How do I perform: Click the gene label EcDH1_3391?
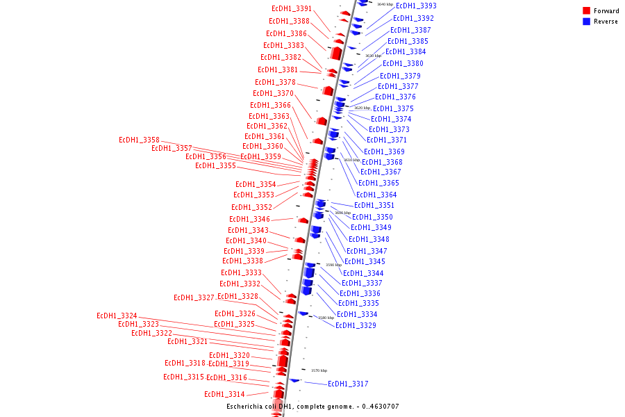pos(291,8)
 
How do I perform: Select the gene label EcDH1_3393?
pos(416,6)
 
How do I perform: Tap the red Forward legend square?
pos(586,11)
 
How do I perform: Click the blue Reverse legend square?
pos(586,22)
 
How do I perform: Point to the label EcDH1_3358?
pos(139,140)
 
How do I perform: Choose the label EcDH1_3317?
pos(348,384)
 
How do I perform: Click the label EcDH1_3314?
pos(224,394)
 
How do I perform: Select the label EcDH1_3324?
pos(117,316)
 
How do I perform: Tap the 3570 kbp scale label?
pos(319,370)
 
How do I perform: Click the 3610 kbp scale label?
pos(352,160)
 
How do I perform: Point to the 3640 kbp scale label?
pos(385,4)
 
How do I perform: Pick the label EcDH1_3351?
pos(374,205)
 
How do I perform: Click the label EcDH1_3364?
pos(376,195)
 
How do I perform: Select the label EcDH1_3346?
pos(249,219)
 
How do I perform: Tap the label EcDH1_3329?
pos(356,325)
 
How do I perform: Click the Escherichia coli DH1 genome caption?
pos(312,407)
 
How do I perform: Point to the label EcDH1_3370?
pos(273,93)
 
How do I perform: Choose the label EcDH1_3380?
pos(403,63)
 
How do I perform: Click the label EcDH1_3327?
pos(194,297)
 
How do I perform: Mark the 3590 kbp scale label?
pos(333,265)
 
